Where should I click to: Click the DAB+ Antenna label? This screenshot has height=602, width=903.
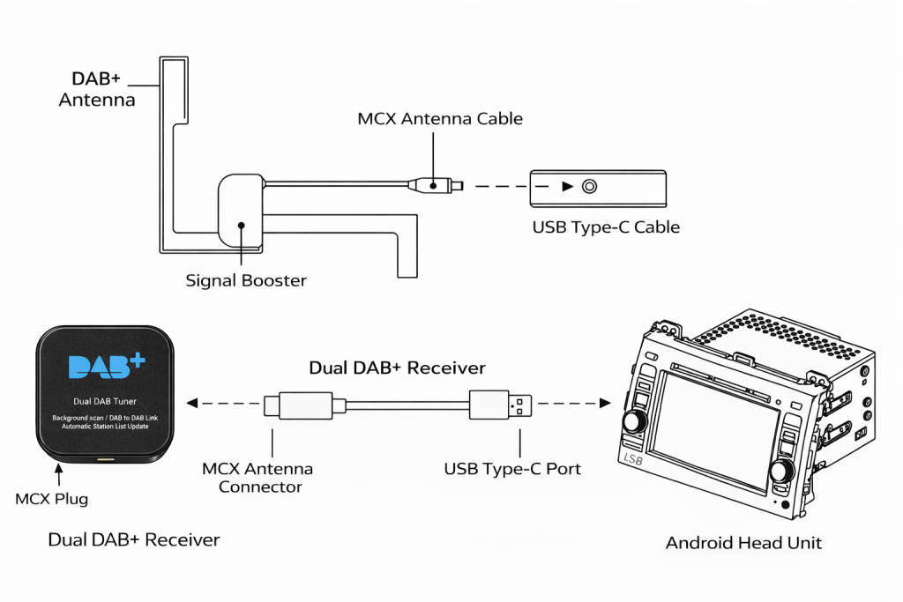click(97, 89)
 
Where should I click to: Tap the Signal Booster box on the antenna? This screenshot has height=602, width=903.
click(240, 212)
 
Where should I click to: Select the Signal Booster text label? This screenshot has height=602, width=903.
click(246, 281)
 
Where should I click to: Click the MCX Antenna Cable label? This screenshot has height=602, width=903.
click(440, 118)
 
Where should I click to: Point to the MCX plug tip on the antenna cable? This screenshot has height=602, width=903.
click(457, 186)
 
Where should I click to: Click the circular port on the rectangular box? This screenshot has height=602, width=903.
click(589, 187)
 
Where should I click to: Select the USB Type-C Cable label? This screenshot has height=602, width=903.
click(606, 227)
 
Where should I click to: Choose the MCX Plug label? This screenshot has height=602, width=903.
click(52, 499)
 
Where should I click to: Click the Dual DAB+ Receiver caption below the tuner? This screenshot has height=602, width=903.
click(133, 539)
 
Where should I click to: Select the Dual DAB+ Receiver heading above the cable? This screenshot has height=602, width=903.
click(397, 368)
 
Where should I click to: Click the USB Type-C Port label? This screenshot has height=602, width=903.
click(512, 469)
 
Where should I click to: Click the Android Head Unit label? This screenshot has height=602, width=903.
click(743, 543)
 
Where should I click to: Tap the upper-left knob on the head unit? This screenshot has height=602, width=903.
click(634, 420)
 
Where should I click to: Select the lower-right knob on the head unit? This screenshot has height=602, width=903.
click(782, 471)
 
